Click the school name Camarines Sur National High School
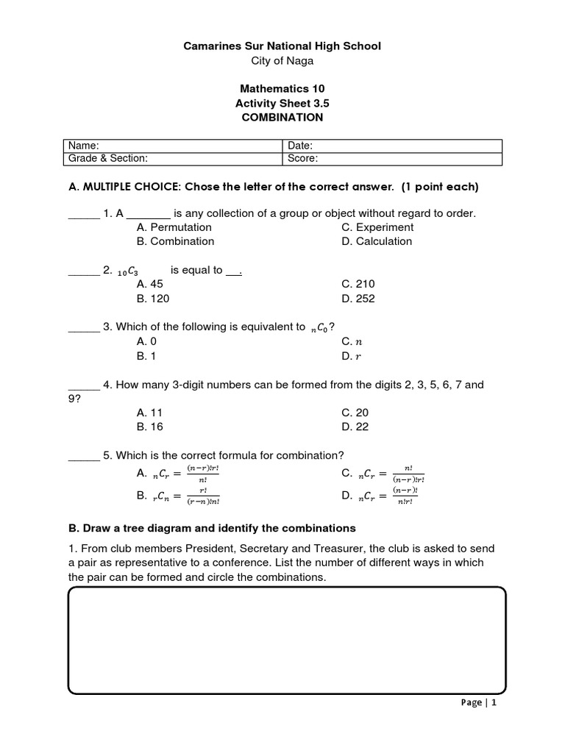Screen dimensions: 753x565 (x=282, y=46)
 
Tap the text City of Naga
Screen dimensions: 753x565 (x=282, y=61)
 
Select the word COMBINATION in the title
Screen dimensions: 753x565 (x=282, y=117)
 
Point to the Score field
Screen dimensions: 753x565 (x=391, y=158)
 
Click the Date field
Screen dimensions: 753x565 (x=391, y=146)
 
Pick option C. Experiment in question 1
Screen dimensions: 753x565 (x=377, y=227)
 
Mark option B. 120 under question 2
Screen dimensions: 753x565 (x=153, y=299)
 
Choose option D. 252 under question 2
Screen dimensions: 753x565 (x=358, y=299)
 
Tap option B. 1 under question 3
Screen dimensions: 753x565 (x=147, y=356)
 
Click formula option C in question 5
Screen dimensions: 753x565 (x=383, y=475)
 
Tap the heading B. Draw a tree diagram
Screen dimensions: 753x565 (x=212, y=528)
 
